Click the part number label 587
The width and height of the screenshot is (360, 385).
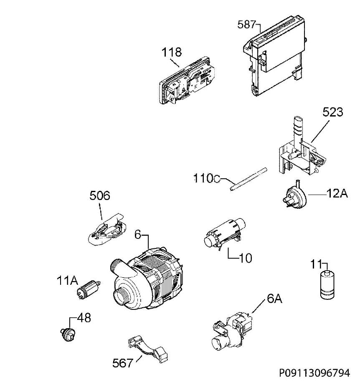246,25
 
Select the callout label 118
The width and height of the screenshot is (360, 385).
171,52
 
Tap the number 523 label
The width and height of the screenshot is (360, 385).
332,112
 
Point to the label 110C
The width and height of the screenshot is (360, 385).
207,178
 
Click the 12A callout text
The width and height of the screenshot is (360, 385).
337,194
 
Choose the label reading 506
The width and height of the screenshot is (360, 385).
100,196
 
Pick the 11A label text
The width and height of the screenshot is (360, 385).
67,281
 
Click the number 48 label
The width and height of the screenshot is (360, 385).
84,318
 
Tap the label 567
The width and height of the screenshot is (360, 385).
122,363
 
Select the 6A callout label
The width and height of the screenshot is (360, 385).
274,299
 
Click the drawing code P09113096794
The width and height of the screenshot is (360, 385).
314,373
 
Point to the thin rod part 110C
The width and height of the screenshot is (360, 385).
248,179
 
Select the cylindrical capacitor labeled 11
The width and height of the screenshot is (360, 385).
327,285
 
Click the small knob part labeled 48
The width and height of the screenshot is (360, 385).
68,334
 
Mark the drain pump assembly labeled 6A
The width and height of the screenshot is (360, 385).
232,331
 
